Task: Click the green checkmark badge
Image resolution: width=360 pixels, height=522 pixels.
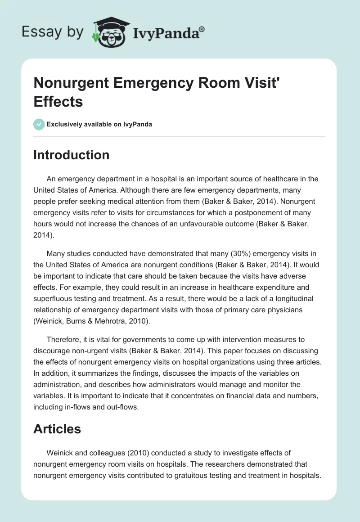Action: tap(39, 124)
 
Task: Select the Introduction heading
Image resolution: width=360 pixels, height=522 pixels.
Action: tap(71, 155)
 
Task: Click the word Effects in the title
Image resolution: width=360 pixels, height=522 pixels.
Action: tap(58, 101)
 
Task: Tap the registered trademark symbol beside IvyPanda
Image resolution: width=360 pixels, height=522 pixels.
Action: tap(202, 30)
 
